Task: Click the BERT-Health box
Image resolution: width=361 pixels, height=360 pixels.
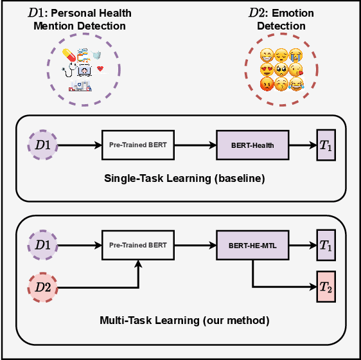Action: pos(252,145)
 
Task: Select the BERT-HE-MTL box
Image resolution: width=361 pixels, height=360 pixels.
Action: pos(252,245)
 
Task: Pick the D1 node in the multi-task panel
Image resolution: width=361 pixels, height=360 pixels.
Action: pos(42,245)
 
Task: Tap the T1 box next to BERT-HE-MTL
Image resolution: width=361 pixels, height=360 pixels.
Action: pos(326,245)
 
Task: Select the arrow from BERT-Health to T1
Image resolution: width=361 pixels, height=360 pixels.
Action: pos(302,145)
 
